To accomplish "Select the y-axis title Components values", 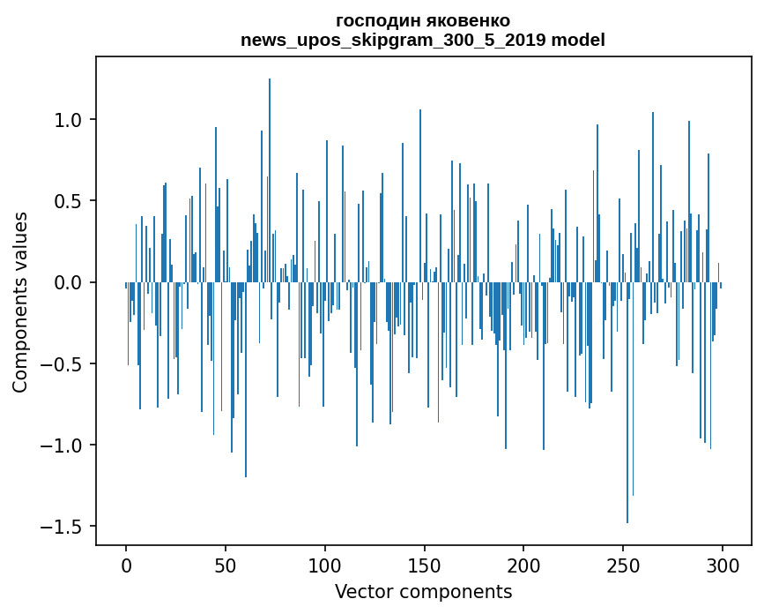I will tap(20, 302).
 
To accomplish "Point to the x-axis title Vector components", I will tap(423, 591).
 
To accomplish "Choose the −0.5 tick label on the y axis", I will tap(63, 363).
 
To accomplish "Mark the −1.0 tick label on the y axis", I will tap(63, 445).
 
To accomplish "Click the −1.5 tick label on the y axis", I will tap(63, 527).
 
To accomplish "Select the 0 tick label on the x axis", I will tap(126, 565).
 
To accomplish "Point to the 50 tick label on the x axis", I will tap(226, 565).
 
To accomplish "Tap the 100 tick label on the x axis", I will tap(325, 565).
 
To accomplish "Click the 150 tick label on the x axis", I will tap(425, 565).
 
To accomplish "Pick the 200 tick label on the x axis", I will tap(524, 565).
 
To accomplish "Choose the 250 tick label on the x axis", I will tap(624, 565).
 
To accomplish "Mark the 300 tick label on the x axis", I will tap(723, 565).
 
